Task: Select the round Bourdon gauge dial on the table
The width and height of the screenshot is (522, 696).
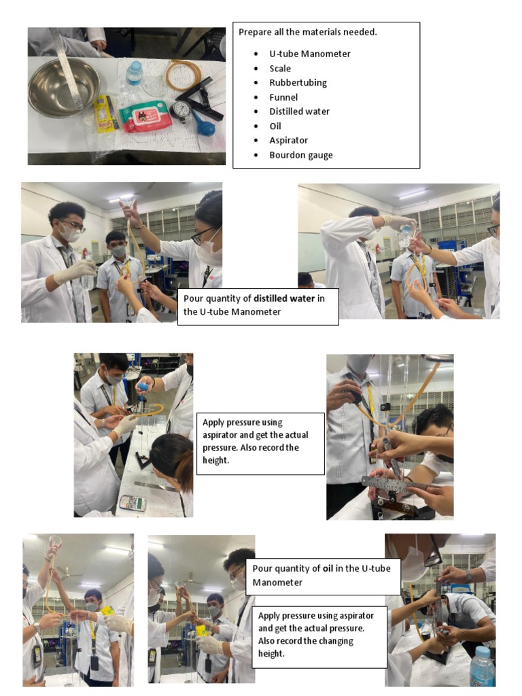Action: tap(181, 111)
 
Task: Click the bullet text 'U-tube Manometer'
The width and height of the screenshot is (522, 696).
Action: tap(310, 54)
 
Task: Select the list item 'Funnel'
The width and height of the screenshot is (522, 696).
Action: tap(283, 97)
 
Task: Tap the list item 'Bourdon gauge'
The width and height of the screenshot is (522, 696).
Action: tap(301, 155)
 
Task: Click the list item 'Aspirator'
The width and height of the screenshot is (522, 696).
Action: tap(288, 140)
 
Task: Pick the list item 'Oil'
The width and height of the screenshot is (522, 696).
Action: tap(275, 126)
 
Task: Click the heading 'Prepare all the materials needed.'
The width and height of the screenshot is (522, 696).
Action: tap(308, 32)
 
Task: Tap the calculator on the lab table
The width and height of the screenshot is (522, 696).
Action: tap(133, 503)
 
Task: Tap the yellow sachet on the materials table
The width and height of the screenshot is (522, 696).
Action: tap(105, 114)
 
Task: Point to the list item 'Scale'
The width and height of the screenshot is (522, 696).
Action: tap(280, 69)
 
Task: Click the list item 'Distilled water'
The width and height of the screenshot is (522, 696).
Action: tap(299, 111)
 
